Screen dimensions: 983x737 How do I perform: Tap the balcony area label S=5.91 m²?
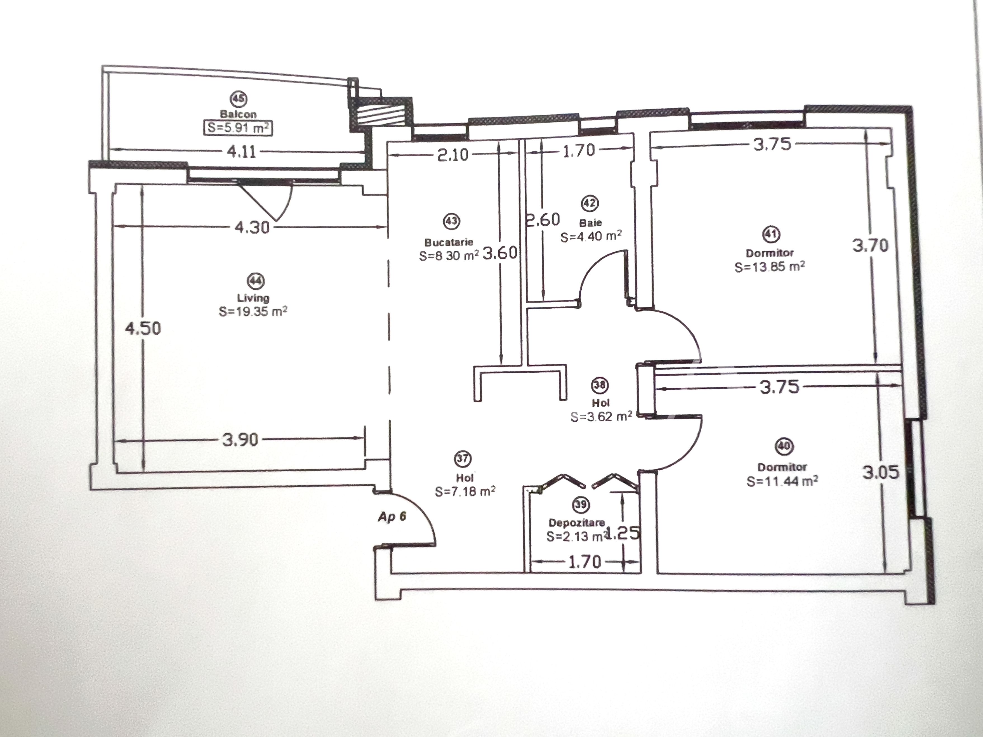point(238,128)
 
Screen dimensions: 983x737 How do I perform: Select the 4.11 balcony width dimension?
point(241,152)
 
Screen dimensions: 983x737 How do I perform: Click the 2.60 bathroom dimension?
point(543,219)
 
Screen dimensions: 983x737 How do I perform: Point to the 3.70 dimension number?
point(870,245)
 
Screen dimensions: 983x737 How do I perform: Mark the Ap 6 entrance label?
point(392,517)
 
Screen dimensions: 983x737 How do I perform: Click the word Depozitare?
point(576,523)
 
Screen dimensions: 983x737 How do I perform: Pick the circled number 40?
point(784,446)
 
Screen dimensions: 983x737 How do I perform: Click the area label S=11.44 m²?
point(782,481)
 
